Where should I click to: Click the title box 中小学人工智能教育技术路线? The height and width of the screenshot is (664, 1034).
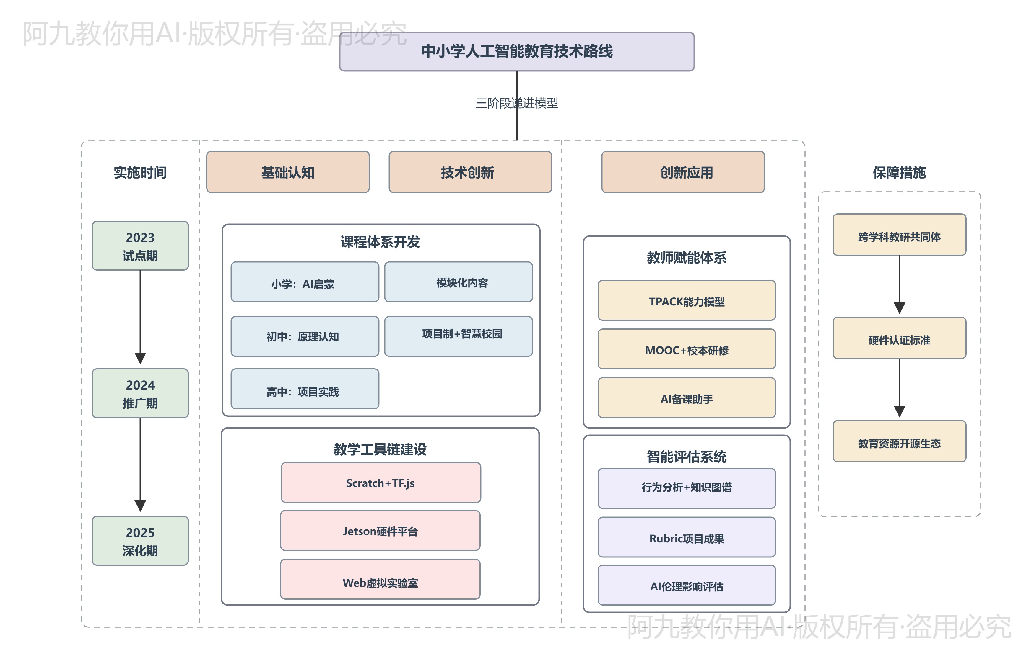(517, 51)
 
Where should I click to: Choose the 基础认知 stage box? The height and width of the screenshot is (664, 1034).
(288, 172)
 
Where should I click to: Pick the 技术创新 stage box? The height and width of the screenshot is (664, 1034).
(470, 172)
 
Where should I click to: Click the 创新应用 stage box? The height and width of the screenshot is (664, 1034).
(683, 172)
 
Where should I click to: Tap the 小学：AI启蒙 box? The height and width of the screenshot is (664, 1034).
(305, 282)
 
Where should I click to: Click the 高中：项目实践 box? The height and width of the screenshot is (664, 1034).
(305, 389)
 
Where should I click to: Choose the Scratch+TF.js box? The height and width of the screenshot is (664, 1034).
(381, 483)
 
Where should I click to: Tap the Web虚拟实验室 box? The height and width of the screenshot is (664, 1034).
(380, 579)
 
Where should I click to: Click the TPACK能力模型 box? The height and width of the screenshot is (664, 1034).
(686, 300)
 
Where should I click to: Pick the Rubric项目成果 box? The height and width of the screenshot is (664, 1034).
(686, 537)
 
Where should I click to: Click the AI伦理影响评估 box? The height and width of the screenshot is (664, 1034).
(686, 585)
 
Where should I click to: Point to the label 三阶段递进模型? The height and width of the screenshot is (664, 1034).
(517, 103)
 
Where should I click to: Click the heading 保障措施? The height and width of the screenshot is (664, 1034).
(899, 172)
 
